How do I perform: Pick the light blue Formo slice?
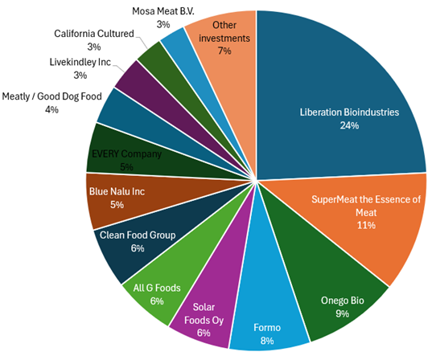tap(267, 321)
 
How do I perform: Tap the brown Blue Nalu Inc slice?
tap(121, 197)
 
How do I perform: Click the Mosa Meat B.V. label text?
tap(163, 12)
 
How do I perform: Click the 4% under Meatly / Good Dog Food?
tap(52, 109)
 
